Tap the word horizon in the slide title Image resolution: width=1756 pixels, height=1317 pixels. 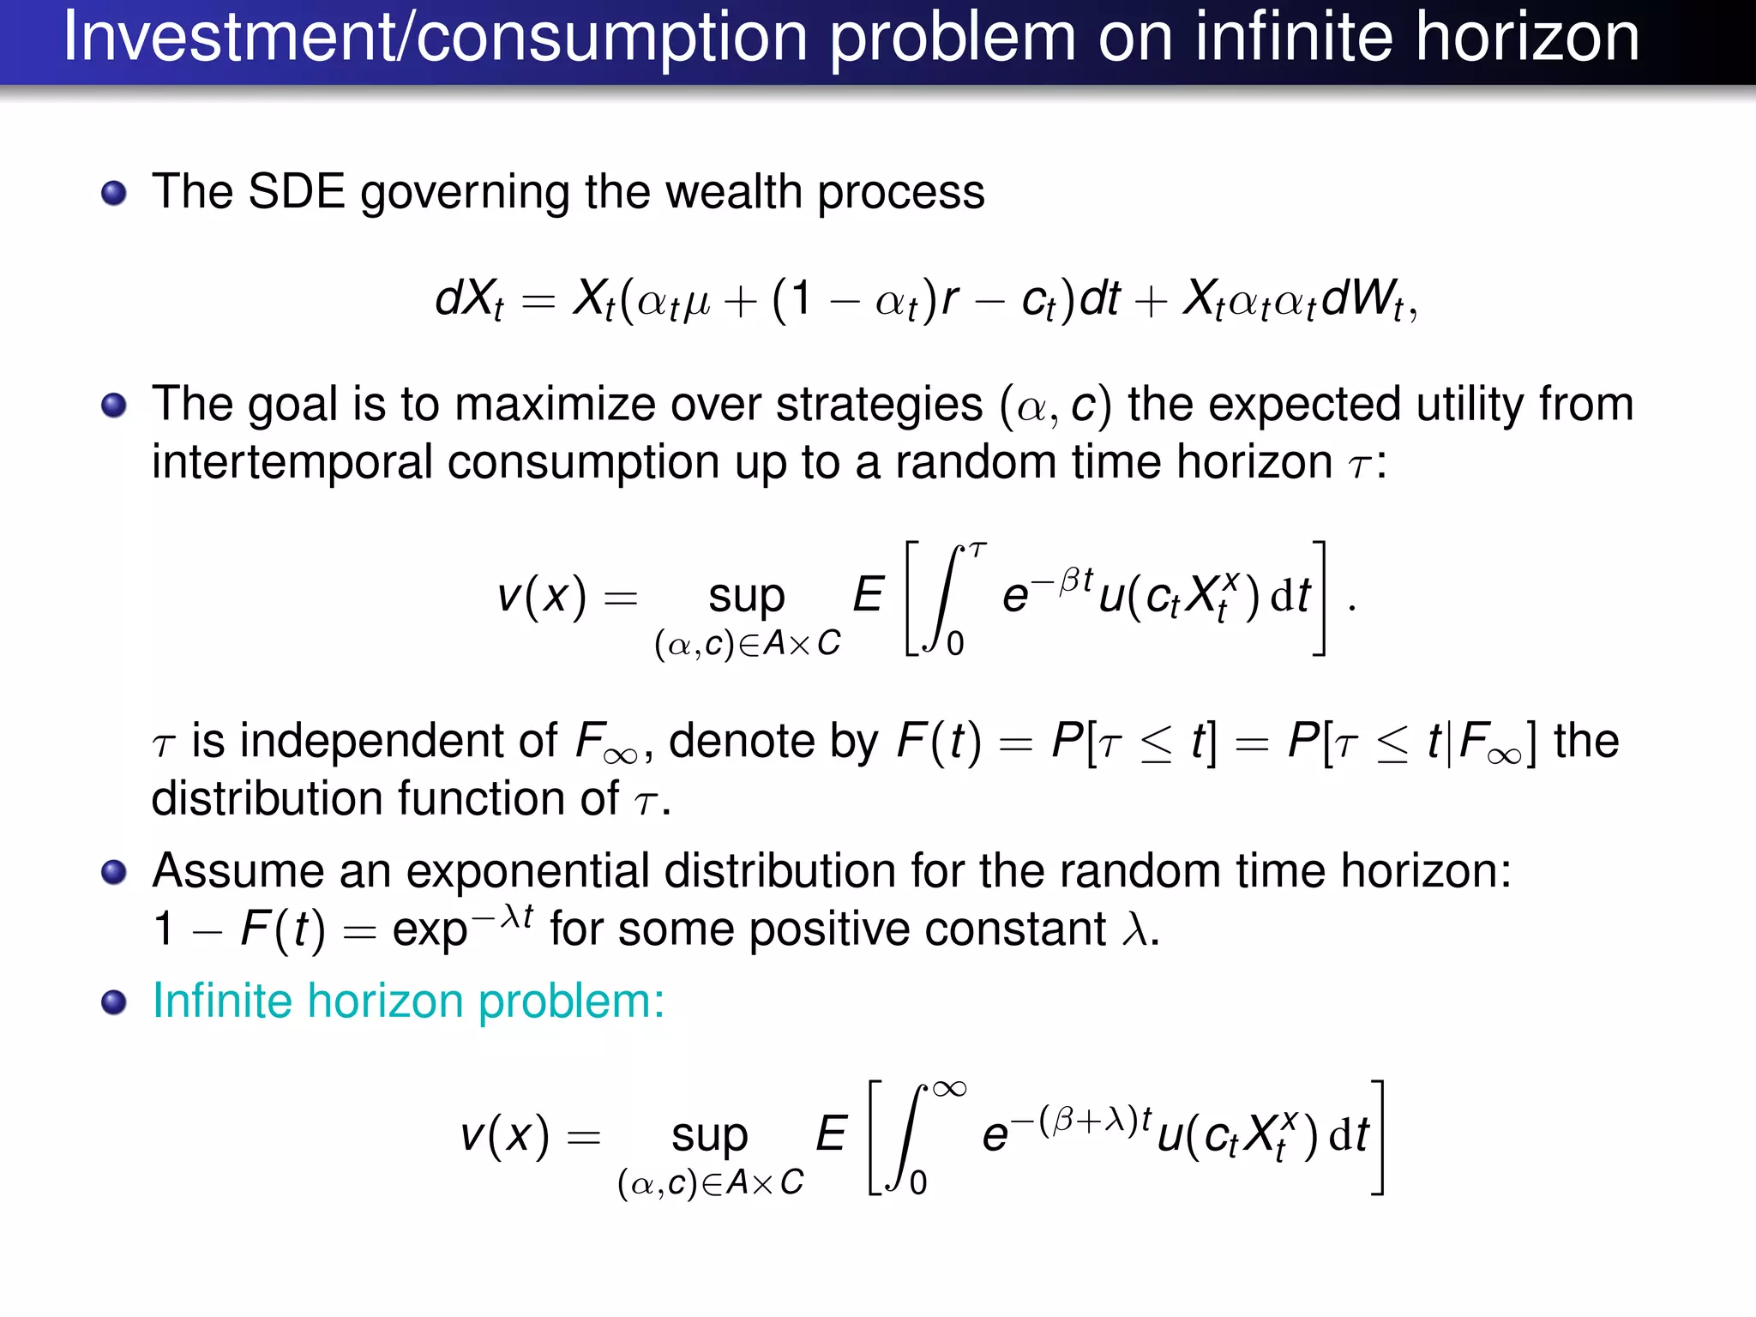point(1526,38)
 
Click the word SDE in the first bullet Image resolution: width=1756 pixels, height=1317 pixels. point(296,191)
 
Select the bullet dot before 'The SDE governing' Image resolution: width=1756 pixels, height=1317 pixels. point(113,193)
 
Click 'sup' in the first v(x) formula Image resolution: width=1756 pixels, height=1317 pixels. point(746,596)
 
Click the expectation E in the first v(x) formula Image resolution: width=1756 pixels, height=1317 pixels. point(868,594)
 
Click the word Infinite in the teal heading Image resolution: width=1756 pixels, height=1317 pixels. point(222,1001)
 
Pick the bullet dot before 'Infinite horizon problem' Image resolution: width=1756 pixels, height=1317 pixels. point(113,1001)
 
